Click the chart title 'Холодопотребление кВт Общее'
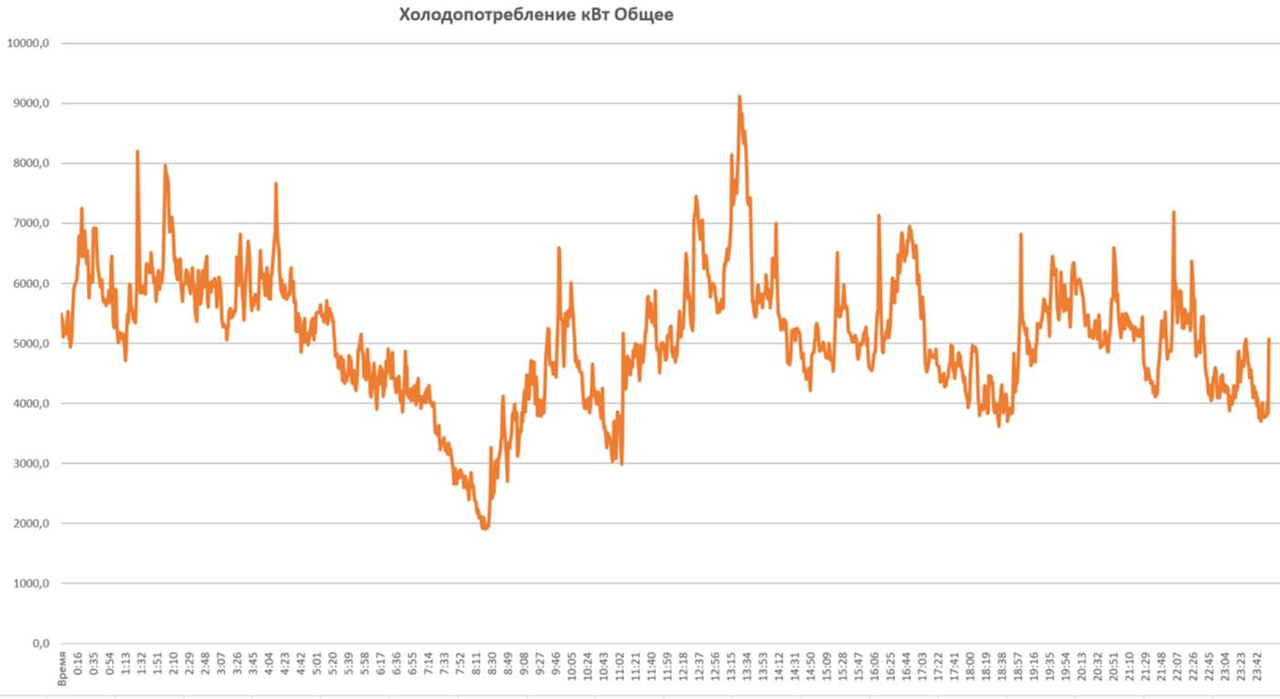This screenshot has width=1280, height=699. click(x=536, y=15)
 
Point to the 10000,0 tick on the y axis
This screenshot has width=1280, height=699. click(x=27, y=43)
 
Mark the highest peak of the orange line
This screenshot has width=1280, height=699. click(x=739, y=97)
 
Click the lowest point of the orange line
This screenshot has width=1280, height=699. click(x=485, y=527)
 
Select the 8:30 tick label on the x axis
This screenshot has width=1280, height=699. click(x=492, y=666)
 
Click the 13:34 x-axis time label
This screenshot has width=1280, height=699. click(x=748, y=666)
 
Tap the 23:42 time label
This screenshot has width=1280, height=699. click(x=1258, y=666)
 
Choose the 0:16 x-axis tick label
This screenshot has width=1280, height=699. click(x=78, y=666)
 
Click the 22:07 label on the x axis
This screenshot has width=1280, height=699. click(x=1178, y=666)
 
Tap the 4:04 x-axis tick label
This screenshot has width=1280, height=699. click(x=270, y=666)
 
